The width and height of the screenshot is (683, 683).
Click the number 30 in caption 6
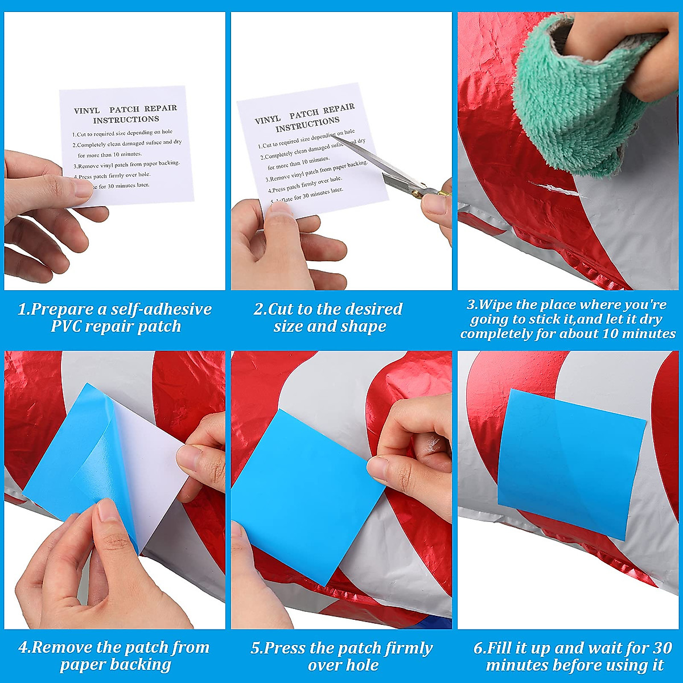[x=663, y=648]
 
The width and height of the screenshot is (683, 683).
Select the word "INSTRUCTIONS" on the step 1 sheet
[x=126, y=120]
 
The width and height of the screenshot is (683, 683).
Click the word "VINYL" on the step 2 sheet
[x=268, y=120]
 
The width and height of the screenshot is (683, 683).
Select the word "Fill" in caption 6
[x=499, y=648]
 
